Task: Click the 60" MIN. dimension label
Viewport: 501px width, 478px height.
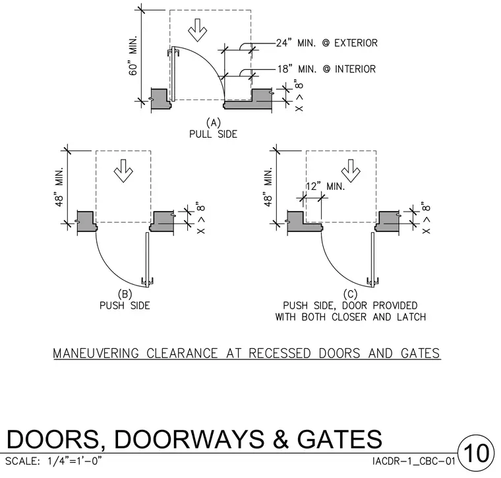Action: (133, 55)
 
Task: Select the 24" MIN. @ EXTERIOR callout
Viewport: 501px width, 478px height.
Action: (326, 43)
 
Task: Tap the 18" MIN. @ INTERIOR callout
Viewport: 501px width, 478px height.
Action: (326, 69)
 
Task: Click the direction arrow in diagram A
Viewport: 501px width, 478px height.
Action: (197, 30)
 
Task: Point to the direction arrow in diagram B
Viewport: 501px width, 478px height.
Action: (123, 171)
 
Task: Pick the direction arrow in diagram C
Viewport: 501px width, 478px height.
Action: (351, 171)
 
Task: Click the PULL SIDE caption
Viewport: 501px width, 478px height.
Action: (213, 134)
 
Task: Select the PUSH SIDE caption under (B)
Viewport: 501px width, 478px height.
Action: (125, 306)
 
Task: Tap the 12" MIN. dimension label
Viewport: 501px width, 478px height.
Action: (326, 187)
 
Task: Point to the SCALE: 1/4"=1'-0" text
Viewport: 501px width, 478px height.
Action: (53, 462)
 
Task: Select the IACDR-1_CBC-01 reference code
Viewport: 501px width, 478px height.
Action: (414, 462)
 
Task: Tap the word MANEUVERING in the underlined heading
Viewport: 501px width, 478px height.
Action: (96, 353)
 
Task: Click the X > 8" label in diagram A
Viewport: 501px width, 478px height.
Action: (299, 97)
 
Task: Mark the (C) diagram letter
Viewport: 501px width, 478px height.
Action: (350, 294)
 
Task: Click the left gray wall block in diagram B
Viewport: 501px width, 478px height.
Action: (87, 221)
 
